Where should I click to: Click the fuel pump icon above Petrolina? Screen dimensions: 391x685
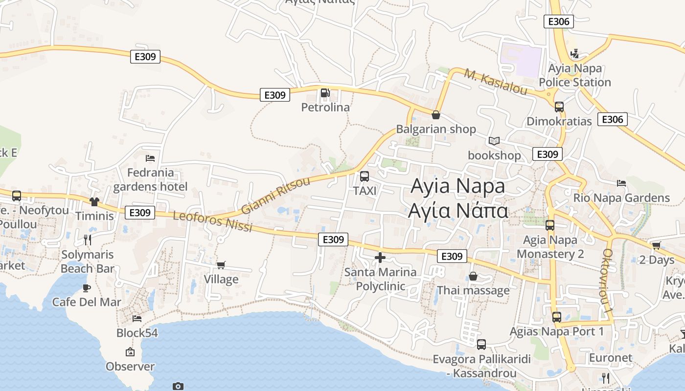[x=325, y=93]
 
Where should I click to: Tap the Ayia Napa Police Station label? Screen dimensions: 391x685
[x=575, y=75]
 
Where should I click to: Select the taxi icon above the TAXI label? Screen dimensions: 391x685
[x=365, y=176]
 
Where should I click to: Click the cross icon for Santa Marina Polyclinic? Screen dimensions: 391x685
[x=380, y=258]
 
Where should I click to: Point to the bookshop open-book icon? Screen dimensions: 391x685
[x=494, y=141]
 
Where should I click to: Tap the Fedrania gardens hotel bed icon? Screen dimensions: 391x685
[x=150, y=158]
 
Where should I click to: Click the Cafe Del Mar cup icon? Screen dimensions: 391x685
[x=87, y=287]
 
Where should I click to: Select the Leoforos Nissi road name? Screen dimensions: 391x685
[x=212, y=221]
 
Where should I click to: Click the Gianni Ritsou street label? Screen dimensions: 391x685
[x=275, y=195]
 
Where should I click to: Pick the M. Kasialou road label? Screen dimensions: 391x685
[x=496, y=82]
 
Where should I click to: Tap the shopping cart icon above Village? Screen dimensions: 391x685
[x=221, y=265]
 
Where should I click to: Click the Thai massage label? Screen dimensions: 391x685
[x=473, y=290]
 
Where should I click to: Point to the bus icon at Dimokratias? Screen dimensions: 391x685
[x=559, y=107]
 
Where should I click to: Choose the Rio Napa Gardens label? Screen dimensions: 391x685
[x=621, y=198]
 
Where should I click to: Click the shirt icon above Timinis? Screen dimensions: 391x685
[x=94, y=201]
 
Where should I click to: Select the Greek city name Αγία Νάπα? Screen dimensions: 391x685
[x=458, y=211]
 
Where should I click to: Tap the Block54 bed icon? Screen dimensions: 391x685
[x=137, y=319]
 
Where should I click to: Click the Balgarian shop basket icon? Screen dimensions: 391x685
[x=436, y=115]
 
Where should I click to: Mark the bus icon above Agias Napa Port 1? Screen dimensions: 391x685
[x=556, y=317]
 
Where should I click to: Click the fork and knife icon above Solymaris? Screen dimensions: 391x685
[x=88, y=239]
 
